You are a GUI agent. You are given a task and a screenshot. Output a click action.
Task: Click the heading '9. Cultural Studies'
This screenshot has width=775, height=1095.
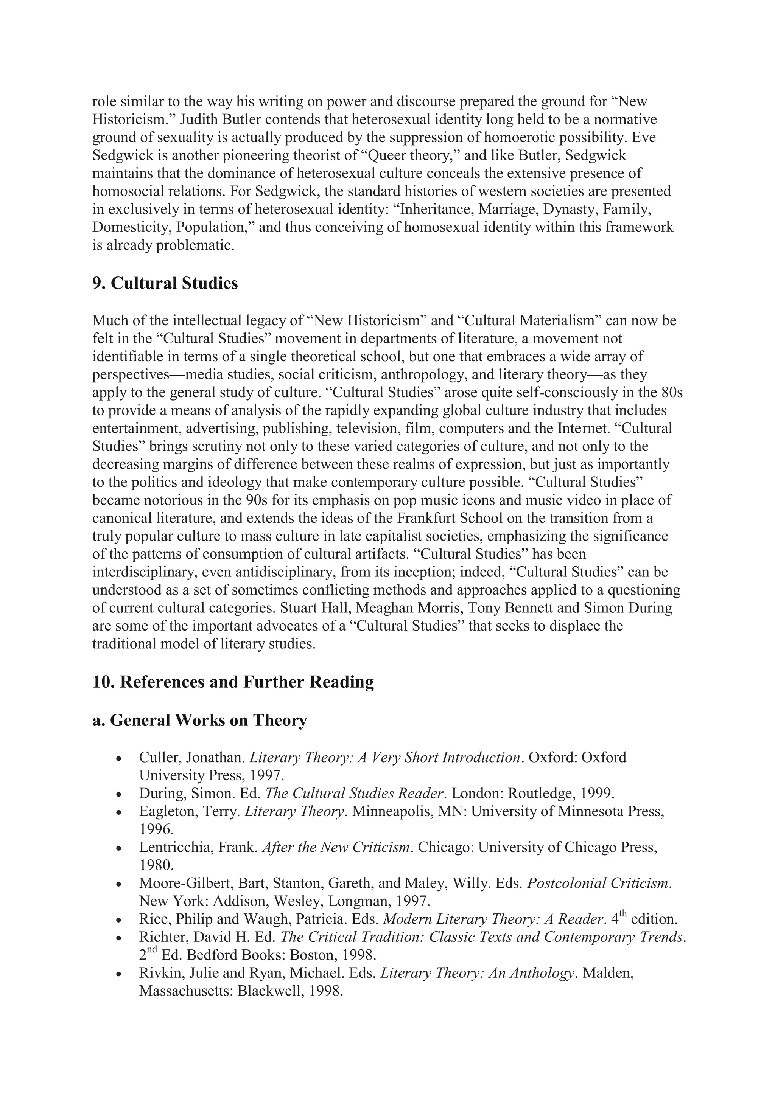[x=165, y=283]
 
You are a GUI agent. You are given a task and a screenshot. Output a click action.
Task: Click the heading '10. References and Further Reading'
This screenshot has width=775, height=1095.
[x=233, y=682]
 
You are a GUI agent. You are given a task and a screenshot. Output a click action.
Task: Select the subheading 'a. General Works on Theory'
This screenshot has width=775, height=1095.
[x=199, y=720]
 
